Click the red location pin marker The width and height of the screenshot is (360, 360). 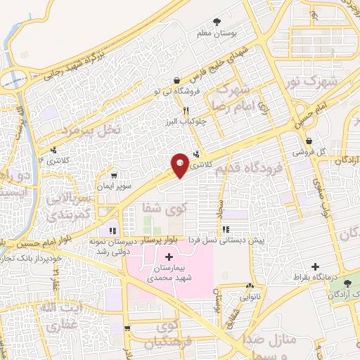click(x=179, y=165)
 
